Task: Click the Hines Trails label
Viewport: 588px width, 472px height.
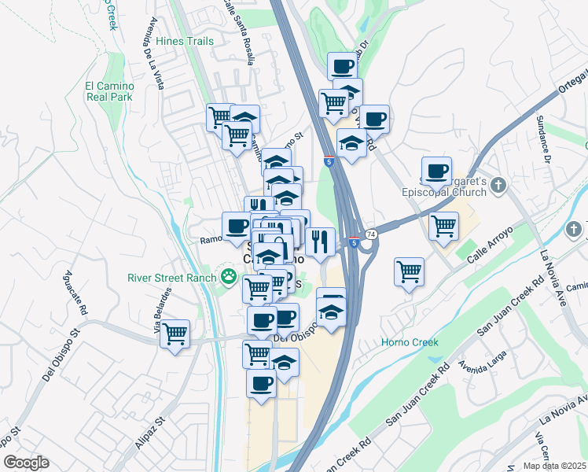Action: pyautogui.click(x=185, y=41)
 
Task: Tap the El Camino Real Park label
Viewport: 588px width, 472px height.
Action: pyautogui.click(x=109, y=91)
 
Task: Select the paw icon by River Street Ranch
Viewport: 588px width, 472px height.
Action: pyautogui.click(x=229, y=276)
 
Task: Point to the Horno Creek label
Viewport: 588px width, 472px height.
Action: pyautogui.click(x=410, y=342)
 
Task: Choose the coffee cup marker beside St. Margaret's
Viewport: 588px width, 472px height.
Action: pyautogui.click(x=437, y=171)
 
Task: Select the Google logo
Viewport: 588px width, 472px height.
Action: pyautogui.click(x=26, y=463)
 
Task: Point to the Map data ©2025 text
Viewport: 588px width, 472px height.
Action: pyautogui.click(x=554, y=466)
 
